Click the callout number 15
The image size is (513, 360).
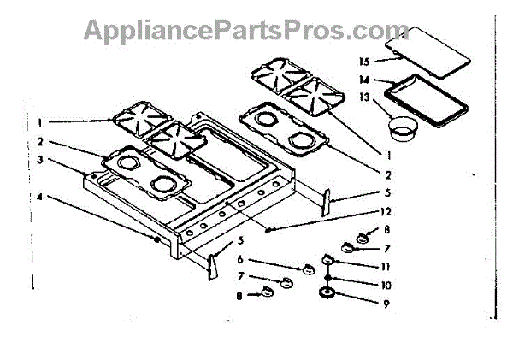(x=363, y=62)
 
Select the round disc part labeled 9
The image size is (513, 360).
(x=327, y=295)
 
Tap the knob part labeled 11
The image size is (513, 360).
(x=328, y=260)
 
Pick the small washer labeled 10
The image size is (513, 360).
(x=327, y=279)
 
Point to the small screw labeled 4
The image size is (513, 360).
(x=156, y=242)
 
